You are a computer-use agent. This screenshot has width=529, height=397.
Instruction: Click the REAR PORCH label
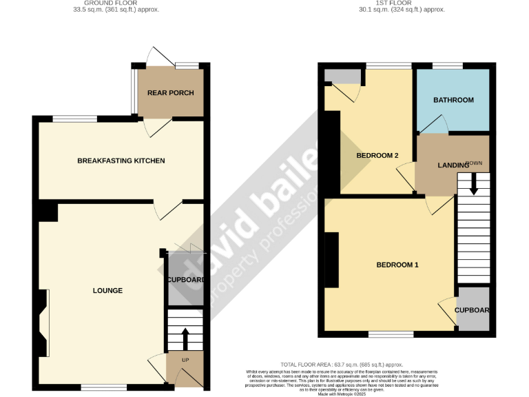coord(170,93)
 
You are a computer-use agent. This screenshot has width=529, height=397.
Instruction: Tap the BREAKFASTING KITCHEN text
coord(121,161)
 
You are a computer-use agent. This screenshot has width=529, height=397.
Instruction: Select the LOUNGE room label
coord(107,291)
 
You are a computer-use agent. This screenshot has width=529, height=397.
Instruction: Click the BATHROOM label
coord(453,100)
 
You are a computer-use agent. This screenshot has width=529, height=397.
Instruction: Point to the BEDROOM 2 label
coord(377,156)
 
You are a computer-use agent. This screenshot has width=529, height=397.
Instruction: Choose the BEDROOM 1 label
coord(397,265)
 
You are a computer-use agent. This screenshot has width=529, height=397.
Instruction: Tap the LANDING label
coord(453,166)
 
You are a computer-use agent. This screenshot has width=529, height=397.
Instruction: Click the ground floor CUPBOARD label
coord(185,280)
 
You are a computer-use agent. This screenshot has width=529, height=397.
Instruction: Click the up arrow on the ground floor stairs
coord(185,338)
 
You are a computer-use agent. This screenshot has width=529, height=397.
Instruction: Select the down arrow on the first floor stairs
coord(473,184)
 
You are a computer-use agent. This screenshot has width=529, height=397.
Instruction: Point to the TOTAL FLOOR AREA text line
coord(341,364)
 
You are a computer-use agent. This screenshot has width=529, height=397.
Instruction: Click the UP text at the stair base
coord(185,360)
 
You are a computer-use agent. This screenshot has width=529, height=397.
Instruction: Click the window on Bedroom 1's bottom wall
coord(391,334)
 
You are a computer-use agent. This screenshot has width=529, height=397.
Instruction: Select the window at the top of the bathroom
coord(448,65)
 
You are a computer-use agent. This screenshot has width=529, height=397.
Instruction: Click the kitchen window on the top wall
coord(75,118)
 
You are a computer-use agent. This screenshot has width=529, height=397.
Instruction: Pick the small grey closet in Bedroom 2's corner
coord(341,76)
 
